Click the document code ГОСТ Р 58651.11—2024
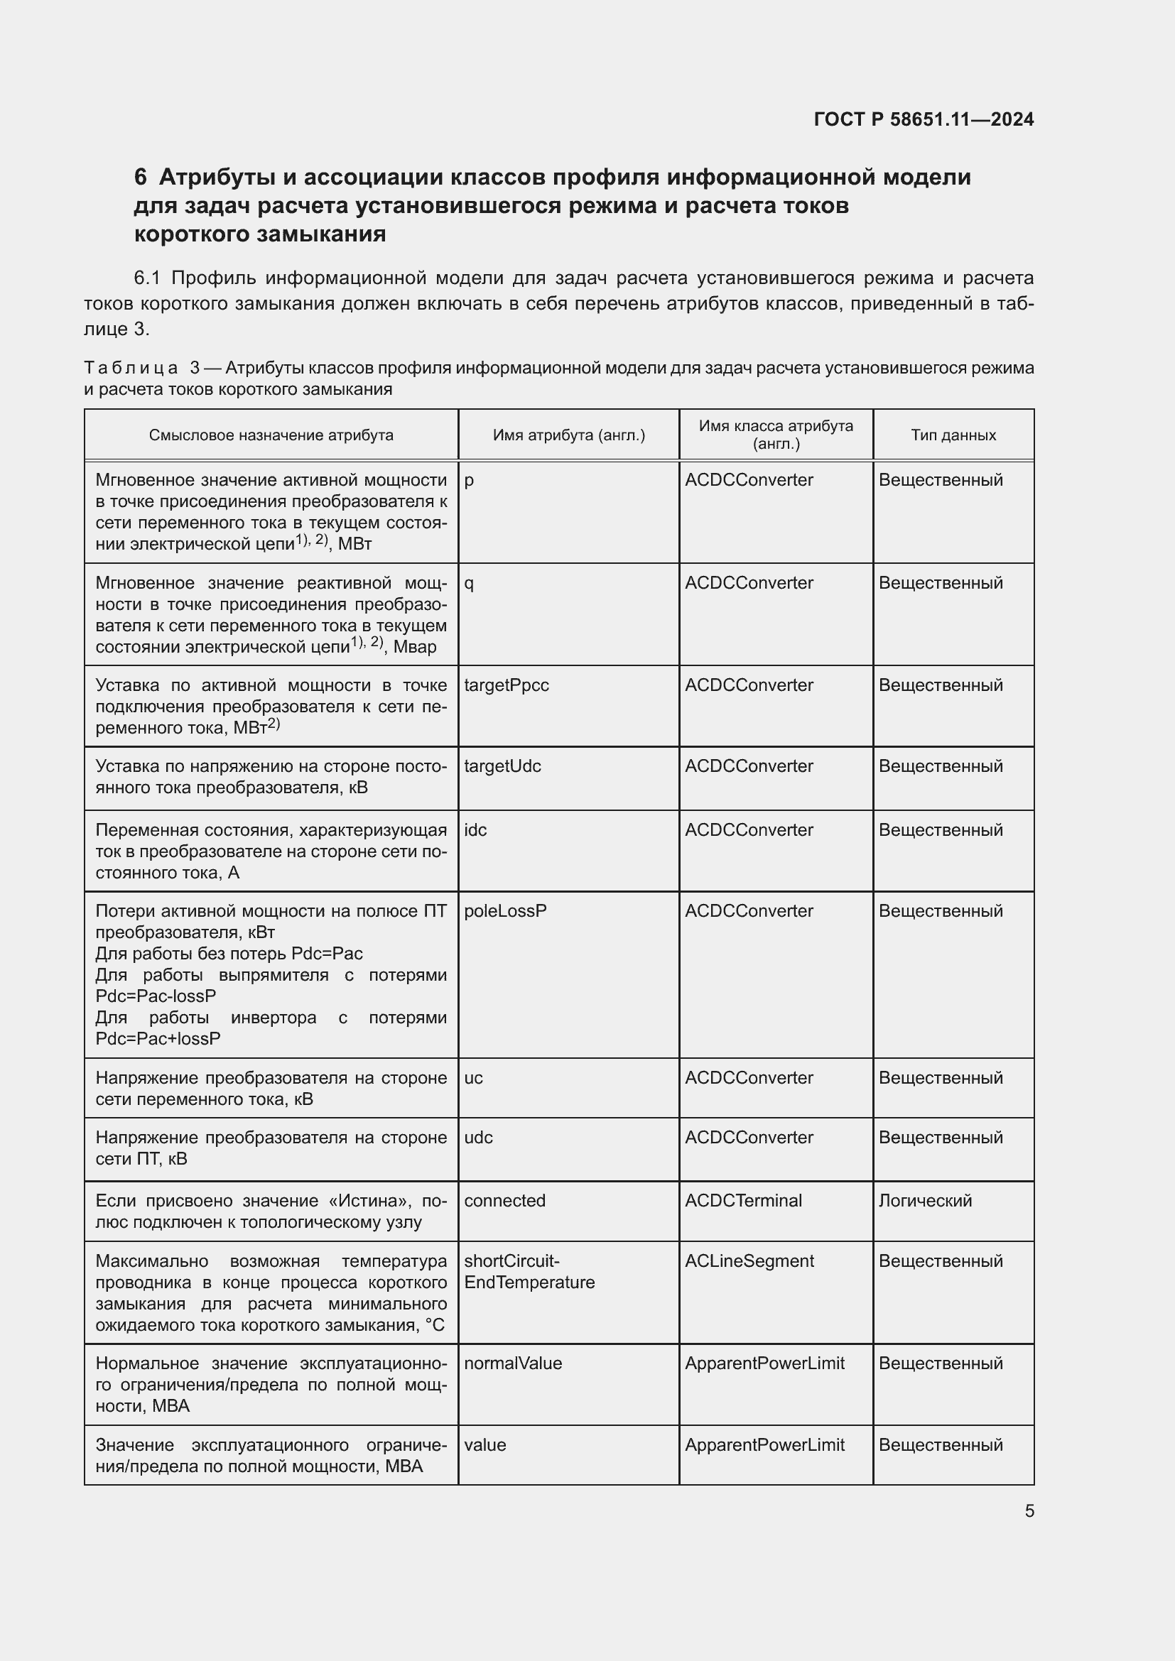924,119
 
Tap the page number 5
1029,1510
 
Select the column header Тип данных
953,435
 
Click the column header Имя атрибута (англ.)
569,435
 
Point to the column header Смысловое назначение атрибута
271,435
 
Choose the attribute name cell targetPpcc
506,685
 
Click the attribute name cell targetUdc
502,766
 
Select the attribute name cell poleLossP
505,911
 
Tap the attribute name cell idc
475,829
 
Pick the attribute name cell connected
504,1200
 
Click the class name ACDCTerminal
743,1200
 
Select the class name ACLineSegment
749,1261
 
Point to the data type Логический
925,1200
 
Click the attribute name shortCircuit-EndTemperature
529,1272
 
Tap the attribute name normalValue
512,1363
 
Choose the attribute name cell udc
478,1137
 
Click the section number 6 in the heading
141,178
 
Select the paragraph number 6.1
150,278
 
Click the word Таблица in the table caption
131,369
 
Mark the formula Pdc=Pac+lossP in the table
158,1038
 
